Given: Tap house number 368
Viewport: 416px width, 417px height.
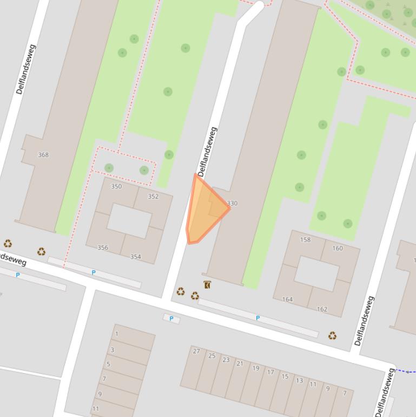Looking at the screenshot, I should pyautogui.click(x=43, y=155).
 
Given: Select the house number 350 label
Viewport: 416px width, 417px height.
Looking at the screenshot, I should pyautogui.click(x=116, y=186).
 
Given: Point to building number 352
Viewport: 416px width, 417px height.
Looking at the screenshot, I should pyautogui.click(x=153, y=196).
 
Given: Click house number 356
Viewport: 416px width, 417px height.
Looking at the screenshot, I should pyautogui.click(x=103, y=247).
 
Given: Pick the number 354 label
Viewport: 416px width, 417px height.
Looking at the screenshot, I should pyautogui.click(x=135, y=257).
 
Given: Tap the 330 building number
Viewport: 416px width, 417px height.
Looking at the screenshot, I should pyautogui.click(x=232, y=204).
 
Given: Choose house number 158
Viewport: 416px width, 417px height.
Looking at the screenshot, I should pyautogui.click(x=305, y=239).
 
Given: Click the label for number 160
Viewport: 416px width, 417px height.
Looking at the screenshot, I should pyautogui.click(x=338, y=248).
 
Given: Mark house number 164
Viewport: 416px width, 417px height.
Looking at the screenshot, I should pyautogui.click(x=287, y=299).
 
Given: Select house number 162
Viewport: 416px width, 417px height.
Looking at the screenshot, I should pyautogui.click(x=322, y=309).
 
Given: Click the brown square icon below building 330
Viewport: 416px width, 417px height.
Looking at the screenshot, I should pyautogui.click(x=207, y=284).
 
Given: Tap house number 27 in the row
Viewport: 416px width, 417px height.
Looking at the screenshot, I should pyautogui.click(x=196, y=351).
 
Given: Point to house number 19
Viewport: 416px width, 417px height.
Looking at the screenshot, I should pyautogui.click(x=255, y=368).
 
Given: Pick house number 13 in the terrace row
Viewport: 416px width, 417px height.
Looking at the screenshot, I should pyautogui.click(x=299, y=380).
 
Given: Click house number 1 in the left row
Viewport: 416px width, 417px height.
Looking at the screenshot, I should pyautogui.click(x=116, y=334).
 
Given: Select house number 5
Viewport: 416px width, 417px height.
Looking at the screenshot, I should pyautogui.click(x=108, y=364).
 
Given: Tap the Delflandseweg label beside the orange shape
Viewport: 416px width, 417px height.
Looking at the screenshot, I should pyautogui.click(x=207, y=152).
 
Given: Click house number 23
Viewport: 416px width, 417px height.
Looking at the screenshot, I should pyautogui.click(x=226, y=360).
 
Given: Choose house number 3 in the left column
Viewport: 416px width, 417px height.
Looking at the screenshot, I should pyautogui.click(x=113, y=350).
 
